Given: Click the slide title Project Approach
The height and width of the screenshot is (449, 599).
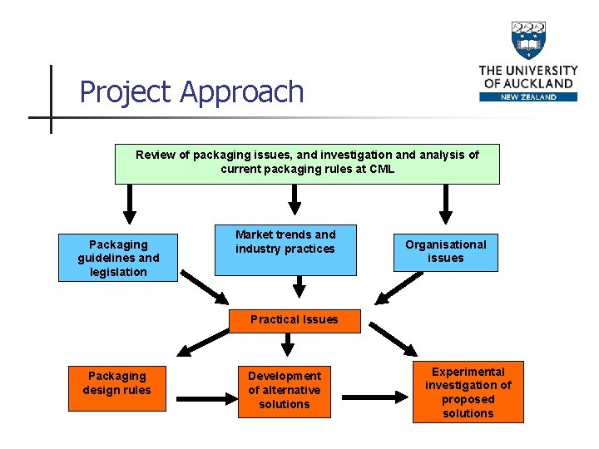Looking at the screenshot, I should pyautogui.click(x=191, y=91).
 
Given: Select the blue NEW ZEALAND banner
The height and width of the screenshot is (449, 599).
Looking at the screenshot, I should pyautogui.click(x=528, y=96).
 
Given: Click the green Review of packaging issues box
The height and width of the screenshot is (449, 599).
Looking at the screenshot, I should pyautogui.click(x=307, y=163).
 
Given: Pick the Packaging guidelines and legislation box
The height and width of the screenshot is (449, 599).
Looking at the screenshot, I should pyautogui.click(x=117, y=258).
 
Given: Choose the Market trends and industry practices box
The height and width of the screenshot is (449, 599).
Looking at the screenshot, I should pyautogui.click(x=285, y=249).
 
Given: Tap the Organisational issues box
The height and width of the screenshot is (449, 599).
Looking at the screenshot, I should pyautogui.click(x=446, y=251).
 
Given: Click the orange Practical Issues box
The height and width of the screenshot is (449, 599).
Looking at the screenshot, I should pyautogui.click(x=294, y=320).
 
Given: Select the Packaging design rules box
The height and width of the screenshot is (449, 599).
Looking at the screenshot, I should pyautogui.click(x=117, y=383).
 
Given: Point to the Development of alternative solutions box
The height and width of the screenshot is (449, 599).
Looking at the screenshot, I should pyautogui.click(x=284, y=390).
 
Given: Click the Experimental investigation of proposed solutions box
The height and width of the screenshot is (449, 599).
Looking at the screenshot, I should pyautogui.click(x=468, y=392).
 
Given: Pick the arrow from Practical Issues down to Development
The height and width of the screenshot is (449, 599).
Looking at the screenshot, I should pyautogui.click(x=288, y=343).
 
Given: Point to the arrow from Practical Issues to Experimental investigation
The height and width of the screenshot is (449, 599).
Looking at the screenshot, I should pyautogui.click(x=392, y=338).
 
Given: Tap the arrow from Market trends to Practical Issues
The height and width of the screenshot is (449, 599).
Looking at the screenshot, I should pyautogui.click(x=294, y=288).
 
